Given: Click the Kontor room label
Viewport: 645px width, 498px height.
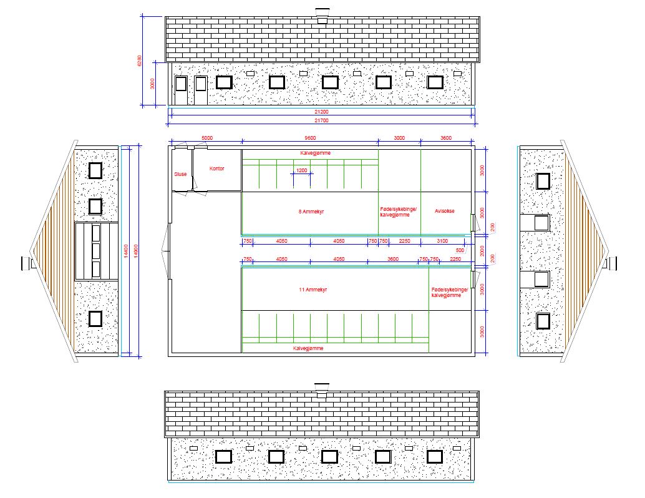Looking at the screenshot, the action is pos(217,168).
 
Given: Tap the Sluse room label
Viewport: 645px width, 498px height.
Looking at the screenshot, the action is pos(180,174).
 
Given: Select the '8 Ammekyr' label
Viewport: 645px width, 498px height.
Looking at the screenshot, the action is pos(311,212).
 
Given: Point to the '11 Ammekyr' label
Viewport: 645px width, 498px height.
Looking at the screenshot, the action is pos(313,290).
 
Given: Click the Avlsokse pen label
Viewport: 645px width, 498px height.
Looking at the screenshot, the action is pos(445,211).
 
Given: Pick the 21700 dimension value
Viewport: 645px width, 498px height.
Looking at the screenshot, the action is pos(322,120).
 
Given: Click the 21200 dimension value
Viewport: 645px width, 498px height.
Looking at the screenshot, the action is pos(322,112).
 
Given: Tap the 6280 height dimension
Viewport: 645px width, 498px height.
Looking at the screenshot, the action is pos(139,61).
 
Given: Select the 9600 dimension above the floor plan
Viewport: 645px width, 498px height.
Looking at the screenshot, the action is pos(310,138).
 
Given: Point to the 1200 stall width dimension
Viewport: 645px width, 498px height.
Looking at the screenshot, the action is pos(301,170).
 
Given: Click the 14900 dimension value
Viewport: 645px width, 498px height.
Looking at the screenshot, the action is pos(136,251).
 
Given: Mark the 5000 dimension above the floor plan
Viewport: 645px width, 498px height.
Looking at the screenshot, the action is pos(207,138).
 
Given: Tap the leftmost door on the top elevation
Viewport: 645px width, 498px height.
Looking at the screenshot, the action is pos(181,90).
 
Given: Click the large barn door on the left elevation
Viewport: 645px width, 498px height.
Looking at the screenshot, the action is pos(96,251).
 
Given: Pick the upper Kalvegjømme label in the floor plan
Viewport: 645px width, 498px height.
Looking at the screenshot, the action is pos(316,153).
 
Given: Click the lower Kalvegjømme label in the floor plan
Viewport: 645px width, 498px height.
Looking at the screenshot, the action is pos(308,348).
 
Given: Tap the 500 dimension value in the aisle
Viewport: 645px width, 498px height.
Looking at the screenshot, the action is pos(460,250).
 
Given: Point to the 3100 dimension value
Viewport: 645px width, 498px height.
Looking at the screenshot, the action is pos(442,241).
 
